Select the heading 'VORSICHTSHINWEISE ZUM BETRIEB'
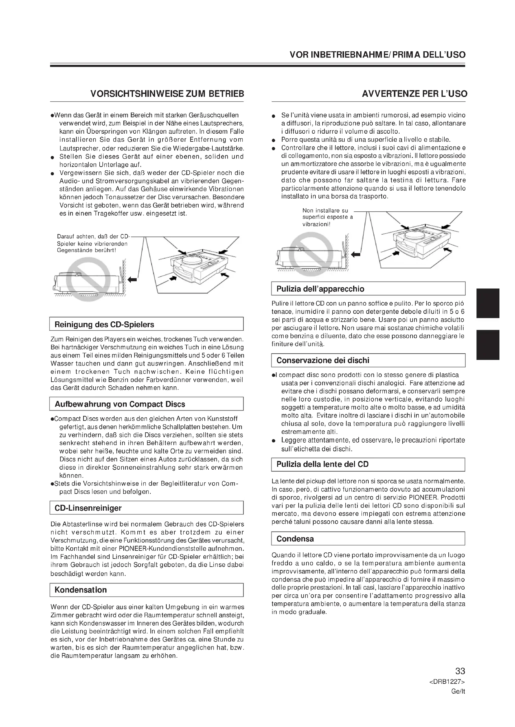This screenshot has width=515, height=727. (x=167, y=94)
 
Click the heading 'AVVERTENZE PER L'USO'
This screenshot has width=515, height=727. (x=414, y=94)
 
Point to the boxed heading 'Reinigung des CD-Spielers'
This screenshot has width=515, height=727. (x=104, y=324)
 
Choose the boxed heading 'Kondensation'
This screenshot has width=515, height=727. (x=81, y=590)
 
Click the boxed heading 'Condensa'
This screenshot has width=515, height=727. (x=295, y=539)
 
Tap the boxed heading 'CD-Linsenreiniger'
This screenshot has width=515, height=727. (x=88, y=508)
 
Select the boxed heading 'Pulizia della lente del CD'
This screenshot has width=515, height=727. (x=323, y=464)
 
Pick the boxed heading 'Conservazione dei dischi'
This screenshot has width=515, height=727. (x=323, y=360)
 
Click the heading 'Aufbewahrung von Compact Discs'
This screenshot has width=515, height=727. (x=120, y=404)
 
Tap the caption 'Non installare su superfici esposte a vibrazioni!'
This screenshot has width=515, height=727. (x=327, y=217)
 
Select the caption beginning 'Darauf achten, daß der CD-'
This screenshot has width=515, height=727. (x=93, y=243)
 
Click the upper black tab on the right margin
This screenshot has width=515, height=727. (x=488, y=303)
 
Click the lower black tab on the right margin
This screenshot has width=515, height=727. (x=488, y=344)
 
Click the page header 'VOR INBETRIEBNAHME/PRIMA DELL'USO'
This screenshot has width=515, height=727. (x=377, y=55)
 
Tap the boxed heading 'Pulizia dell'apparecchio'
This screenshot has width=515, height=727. (x=320, y=289)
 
